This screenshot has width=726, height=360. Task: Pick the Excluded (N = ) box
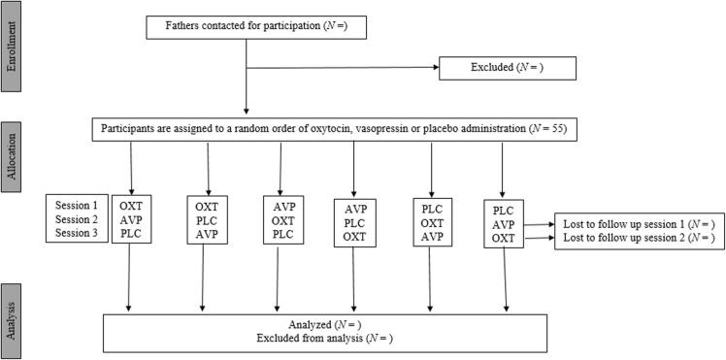click(508, 67)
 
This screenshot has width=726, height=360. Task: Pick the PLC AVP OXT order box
click(503, 224)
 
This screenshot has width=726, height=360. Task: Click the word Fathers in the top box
click(187, 25)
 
